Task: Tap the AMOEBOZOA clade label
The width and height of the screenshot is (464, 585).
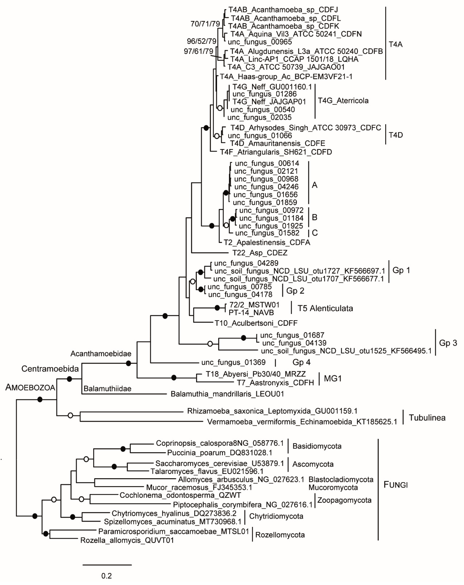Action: (x=30, y=387)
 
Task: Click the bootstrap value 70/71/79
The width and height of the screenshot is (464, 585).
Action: (x=205, y=24)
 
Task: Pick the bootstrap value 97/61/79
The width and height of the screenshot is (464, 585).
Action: (x=198, y=51)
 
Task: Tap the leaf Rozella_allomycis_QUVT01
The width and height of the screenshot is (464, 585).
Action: (x=127, y=540)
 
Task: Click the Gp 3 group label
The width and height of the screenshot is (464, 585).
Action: (x=448, y=343)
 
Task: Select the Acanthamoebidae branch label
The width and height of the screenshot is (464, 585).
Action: (x=101, y=354)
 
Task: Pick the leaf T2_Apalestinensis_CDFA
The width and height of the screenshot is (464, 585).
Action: (x=267, y=242)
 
